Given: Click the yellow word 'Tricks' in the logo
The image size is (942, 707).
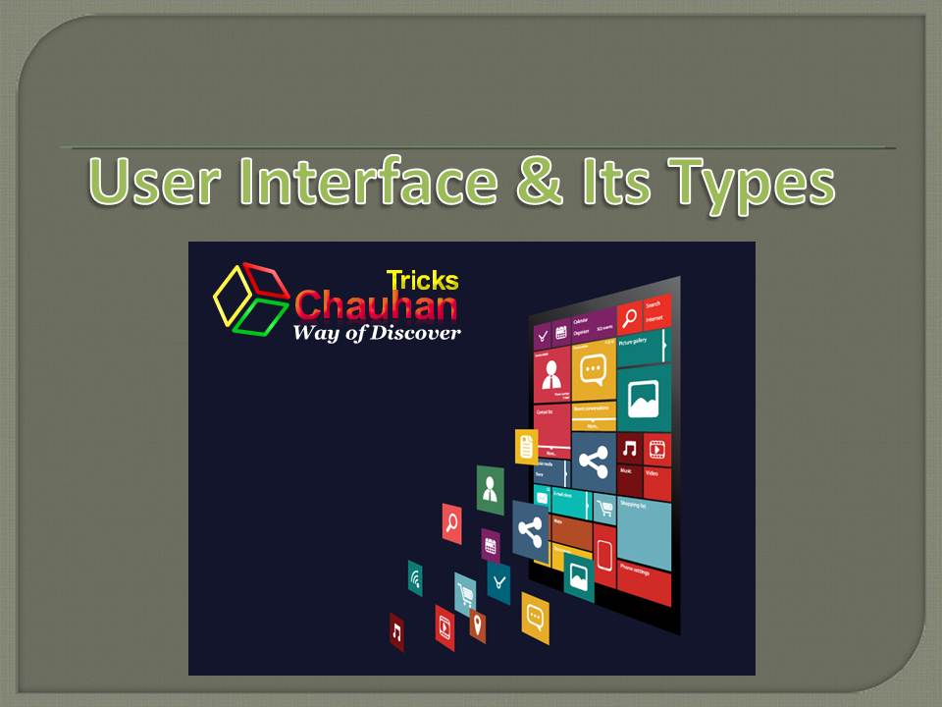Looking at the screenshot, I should (x=422, y=280).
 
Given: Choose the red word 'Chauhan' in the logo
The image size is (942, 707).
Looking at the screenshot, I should (x=376, y=305).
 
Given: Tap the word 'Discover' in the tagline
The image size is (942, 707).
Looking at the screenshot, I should (x=417, y=333).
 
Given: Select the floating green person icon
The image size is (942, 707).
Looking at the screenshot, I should (x=490, y=488).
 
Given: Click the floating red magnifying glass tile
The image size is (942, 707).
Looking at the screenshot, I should (x=451, y=523).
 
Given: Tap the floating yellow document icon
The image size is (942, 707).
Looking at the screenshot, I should (x=527, y=447).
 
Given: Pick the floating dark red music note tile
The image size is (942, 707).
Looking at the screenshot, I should (x=396, y=632).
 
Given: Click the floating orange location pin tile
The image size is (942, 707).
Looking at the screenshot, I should (x=477, y=625).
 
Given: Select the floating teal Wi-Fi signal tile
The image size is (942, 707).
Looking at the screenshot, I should (x=415, y=578).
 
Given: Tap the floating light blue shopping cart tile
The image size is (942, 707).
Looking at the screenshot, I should (x=465, y=593).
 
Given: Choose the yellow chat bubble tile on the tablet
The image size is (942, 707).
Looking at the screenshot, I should (x=593, y=370).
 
